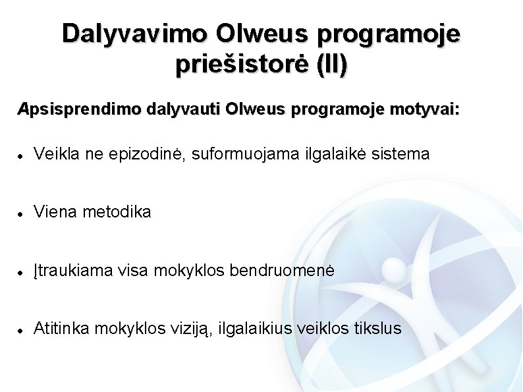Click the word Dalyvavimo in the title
click(x=134, y=33)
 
